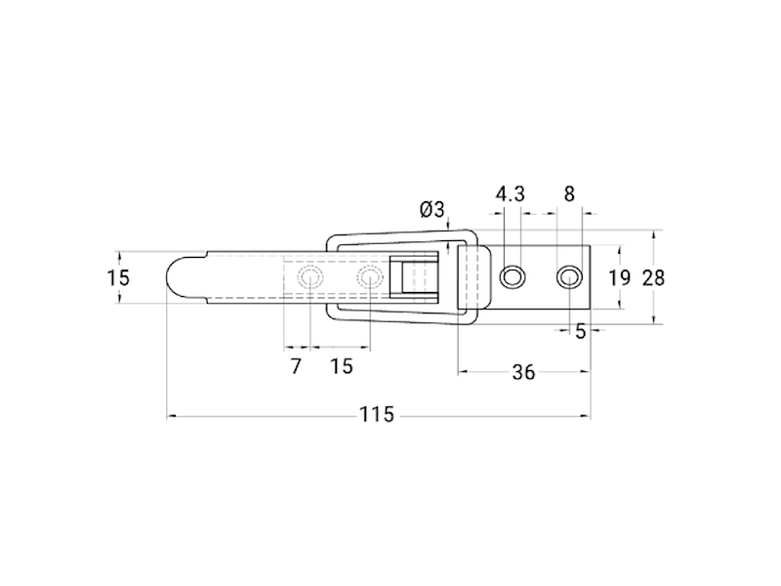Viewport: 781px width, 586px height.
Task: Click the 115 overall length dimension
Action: click(377, 414)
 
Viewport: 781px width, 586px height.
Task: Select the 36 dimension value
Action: click(523, 372)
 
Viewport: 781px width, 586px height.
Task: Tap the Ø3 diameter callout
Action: click(432, 209)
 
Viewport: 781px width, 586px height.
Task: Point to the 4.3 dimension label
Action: click(511, 193)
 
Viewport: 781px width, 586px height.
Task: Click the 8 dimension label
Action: click(569, 193)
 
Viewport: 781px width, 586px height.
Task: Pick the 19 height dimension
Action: click(620, 277)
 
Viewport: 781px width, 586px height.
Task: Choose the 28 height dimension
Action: click(653, 277)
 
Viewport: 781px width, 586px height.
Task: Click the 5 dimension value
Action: click(581, 331)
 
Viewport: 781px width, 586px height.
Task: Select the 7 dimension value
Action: click(296, 366)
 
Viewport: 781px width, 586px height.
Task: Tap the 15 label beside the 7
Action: click(342, 366)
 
